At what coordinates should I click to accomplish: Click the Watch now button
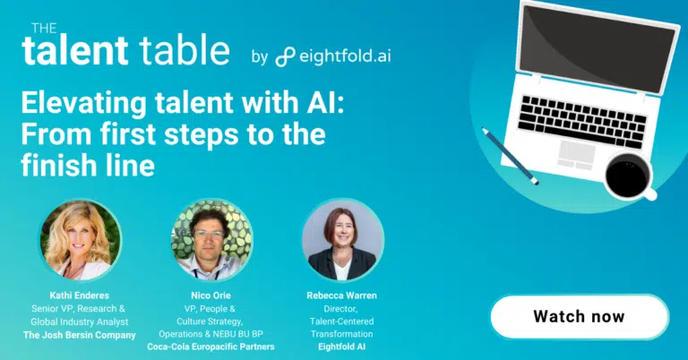pos(580,317)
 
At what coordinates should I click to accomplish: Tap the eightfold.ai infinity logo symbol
pos(285,57)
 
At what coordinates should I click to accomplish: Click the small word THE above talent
pos(44,29)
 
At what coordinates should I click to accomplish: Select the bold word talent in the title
pos(75,50)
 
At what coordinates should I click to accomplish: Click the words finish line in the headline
pos(88,166)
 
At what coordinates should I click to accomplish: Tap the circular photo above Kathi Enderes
pos(81,240)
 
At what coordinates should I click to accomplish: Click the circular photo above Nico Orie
pos(211,240)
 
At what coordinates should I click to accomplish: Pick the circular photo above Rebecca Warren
pos(343,240)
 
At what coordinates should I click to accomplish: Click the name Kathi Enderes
pos(80,296)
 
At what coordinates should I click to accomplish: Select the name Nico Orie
pos(211,296)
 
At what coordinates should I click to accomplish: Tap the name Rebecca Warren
pos(342,296)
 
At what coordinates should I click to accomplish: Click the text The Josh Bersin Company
pos(80,336)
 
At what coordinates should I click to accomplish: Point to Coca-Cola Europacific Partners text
pos(211,347)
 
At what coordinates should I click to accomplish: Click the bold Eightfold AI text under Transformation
pos(342,347)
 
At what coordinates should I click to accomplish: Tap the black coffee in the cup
pos(627,175)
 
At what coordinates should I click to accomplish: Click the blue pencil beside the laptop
pos(510,156)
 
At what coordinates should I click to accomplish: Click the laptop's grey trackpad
pos(576,155)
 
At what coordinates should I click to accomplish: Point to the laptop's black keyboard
pos(581,122)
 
